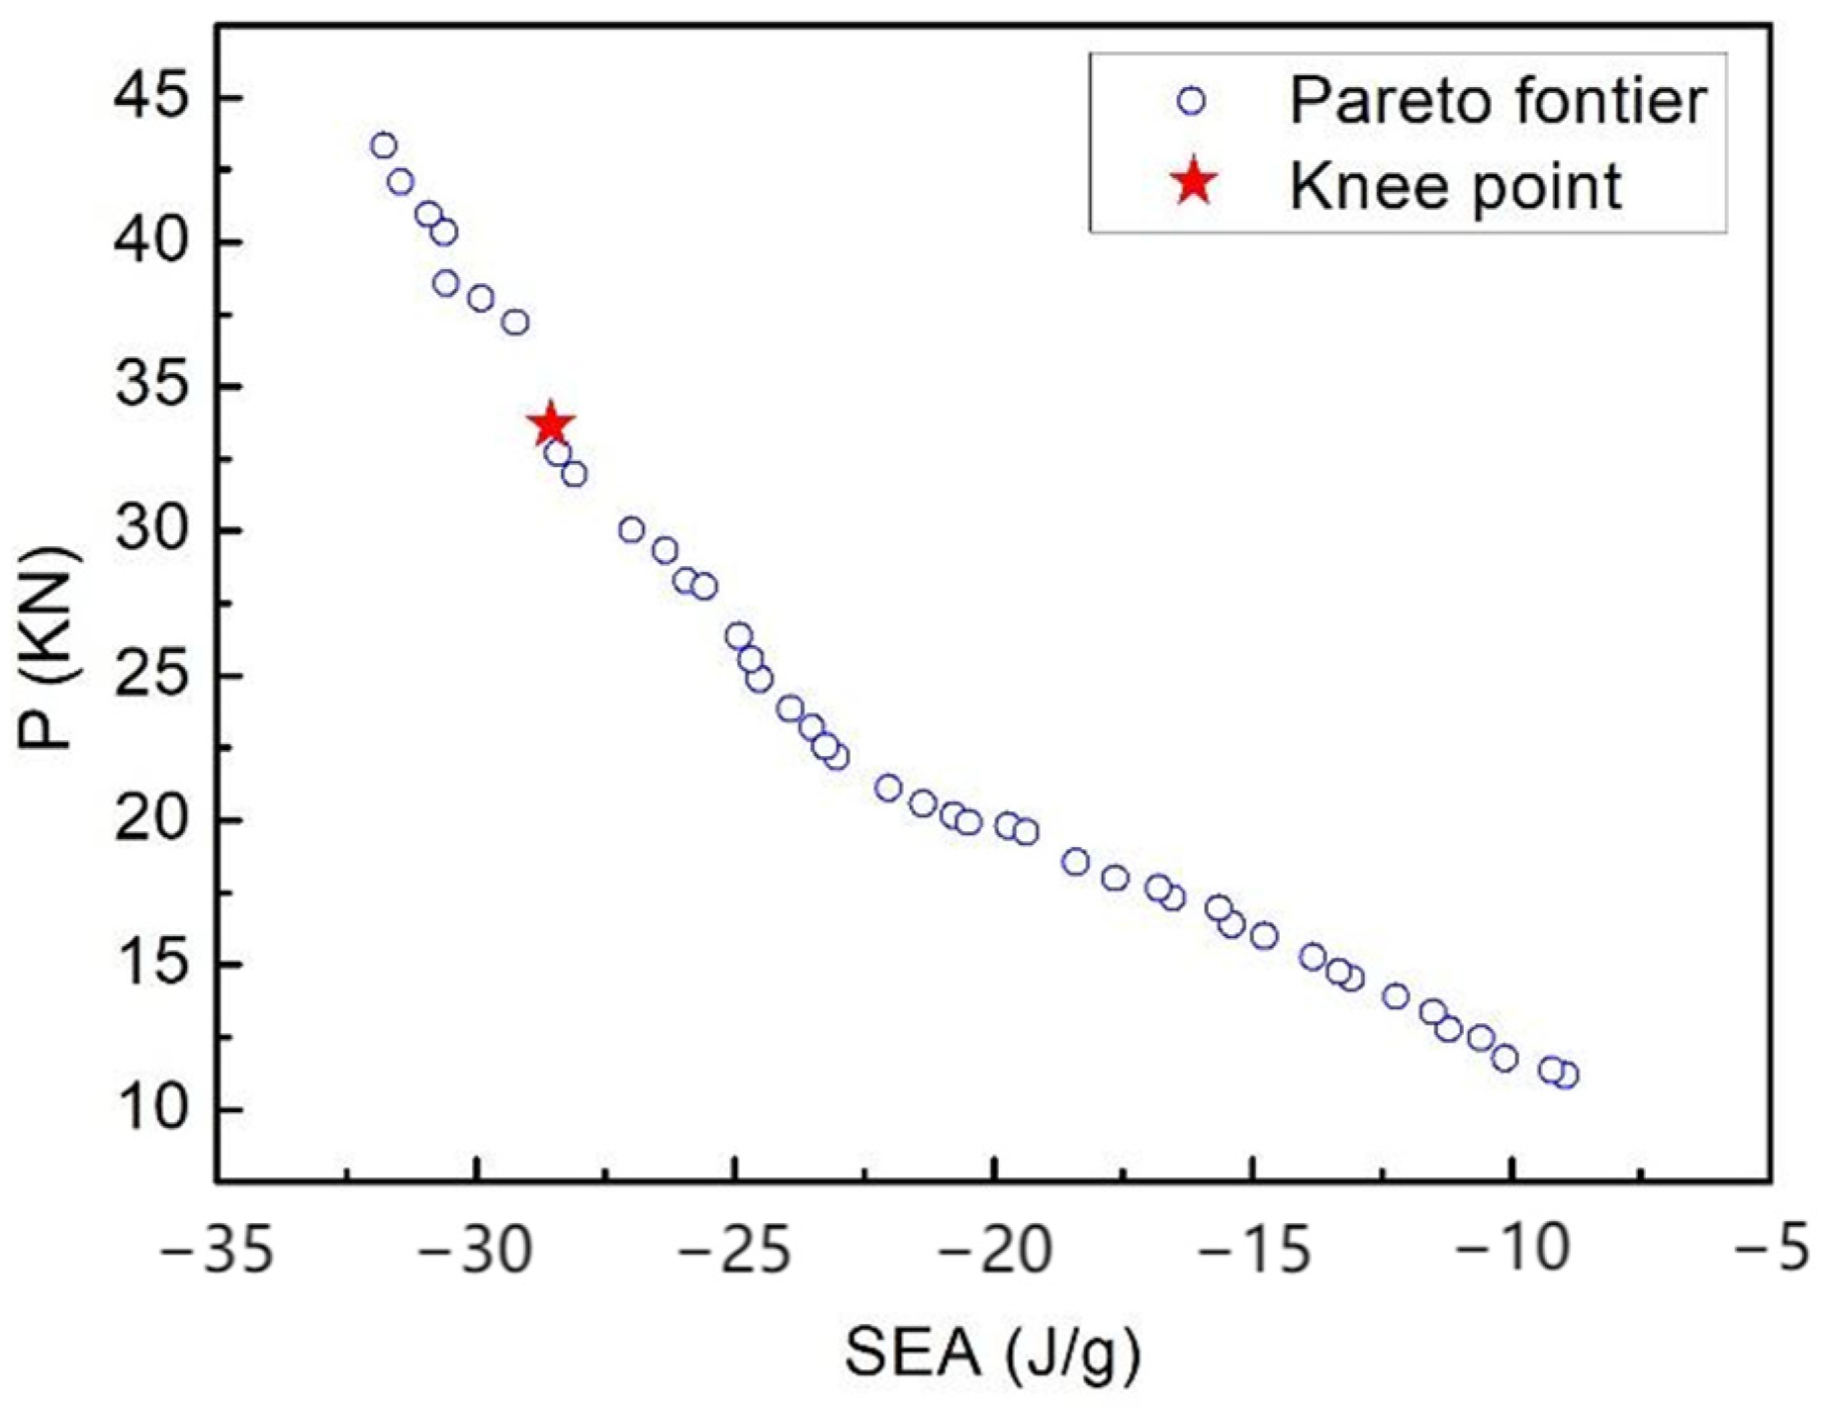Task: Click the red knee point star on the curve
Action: click(x=551, y=424)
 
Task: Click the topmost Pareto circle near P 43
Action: click(x=384, y=146)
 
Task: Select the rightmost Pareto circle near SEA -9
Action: click(x=1566, y=1076)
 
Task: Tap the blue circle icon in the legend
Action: click(x=1193, y=101)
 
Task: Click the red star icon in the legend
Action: click(x=1194, y=184)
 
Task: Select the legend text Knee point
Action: click(x=1455, y=185)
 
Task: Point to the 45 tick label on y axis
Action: click(x=149, y=99)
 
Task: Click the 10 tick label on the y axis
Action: click(x=149, y=1110)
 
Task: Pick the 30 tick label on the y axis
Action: click(x=149, y=532)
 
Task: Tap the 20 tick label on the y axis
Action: click(x=149, y=821)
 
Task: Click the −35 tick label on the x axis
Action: click(x=217, y=1251)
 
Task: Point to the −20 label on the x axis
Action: click(x=994, y=1251)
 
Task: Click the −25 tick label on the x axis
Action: click(x=735, y=1251)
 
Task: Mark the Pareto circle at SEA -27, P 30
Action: click(x=631, y=530)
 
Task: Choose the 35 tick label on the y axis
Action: click(x=149, y=388)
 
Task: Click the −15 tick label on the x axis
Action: click(x=1252, y=1251)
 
